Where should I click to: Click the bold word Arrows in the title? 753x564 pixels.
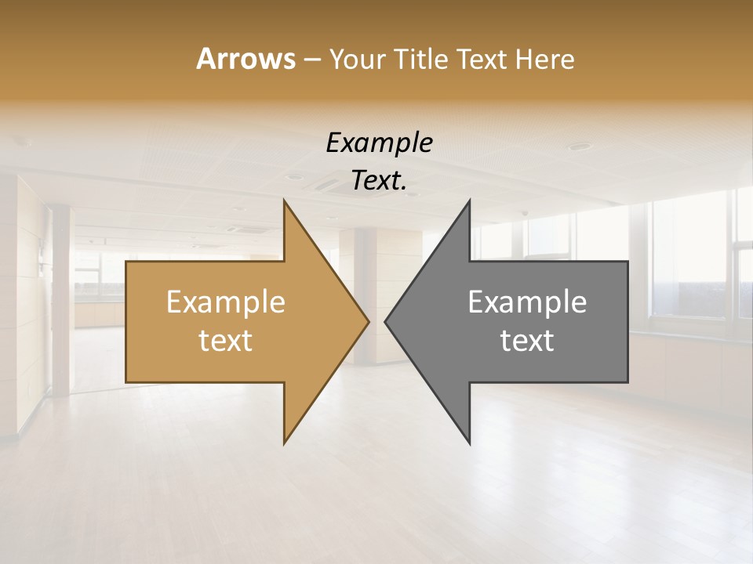[x=246, y=59]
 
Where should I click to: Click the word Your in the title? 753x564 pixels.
[x=357, y=60]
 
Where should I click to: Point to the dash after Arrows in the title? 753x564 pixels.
[x=311, y=60]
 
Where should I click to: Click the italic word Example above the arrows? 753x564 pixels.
[x=379, y=143]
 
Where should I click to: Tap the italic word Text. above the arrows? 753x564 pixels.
[x=379, y=180]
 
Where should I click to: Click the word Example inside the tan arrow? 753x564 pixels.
[x=226, y=302]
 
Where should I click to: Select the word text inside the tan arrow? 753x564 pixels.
[x=226, y=340]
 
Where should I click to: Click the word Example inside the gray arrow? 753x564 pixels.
[x=527, y=302]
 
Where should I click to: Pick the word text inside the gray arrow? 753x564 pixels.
[x=527, y=340]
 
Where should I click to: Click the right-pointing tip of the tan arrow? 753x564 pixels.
[x=369, y=321]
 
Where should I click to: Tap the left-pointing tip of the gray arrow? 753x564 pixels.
[x=385, y=321]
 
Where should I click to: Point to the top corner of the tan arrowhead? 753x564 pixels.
[x=284, y=201]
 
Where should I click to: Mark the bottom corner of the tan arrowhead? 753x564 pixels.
[x=284, y=443]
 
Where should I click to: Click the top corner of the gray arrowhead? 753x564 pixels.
[x=469, y=201]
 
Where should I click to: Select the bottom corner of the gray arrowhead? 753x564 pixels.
[x=469, y=443]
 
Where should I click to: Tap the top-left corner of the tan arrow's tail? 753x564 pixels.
[x=126, y=262]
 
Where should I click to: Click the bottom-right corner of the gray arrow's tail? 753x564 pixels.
[x=627, y=381]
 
